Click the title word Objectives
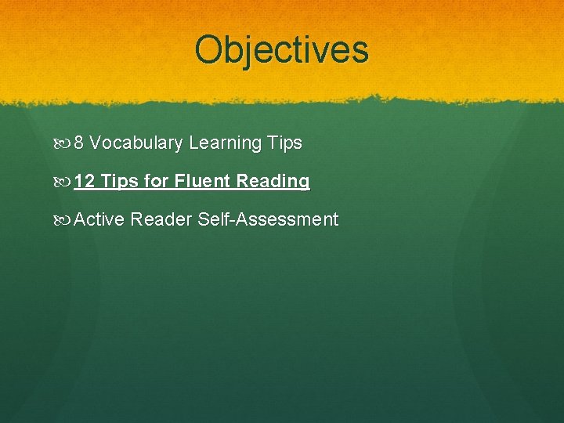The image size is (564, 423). pos(281,49)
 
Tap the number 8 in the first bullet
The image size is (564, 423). pos(79,143)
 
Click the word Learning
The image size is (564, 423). pos(225,143)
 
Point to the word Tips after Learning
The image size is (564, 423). pos(284,143)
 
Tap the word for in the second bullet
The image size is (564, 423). pos(157,182)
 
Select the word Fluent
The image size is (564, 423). pos(202,182)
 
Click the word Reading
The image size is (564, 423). pos(273,182)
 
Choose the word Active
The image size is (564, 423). pos(99,220)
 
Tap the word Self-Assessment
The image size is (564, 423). pos(268,220)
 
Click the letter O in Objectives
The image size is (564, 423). pos(210,49)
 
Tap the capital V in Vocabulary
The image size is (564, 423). pos(95,143)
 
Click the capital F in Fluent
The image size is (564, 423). pos(179,182)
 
